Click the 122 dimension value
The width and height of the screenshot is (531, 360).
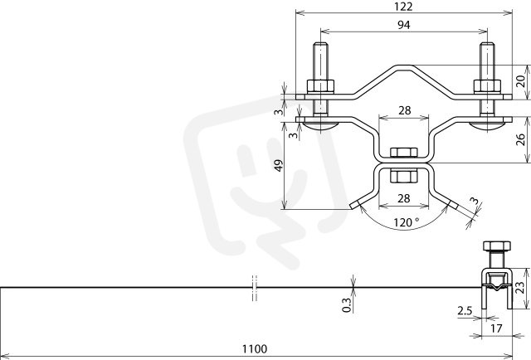pos(403,7)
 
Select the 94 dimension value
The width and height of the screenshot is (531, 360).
pos(404,25)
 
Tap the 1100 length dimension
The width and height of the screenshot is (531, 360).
pos(255,348)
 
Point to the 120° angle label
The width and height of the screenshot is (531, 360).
pos(406,222)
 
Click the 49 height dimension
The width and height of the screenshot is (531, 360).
pos(279,166)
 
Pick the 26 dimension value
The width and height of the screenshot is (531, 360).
pos(520,139)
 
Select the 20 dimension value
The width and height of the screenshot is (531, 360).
pos(520,81)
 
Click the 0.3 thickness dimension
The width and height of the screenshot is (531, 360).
pos(347,304)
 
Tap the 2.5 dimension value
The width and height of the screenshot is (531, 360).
pos(465,310)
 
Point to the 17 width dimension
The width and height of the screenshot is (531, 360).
pos(496,328)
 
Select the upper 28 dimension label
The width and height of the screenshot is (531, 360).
pos(404,110)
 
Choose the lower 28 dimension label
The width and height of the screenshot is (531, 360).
pos(404,198)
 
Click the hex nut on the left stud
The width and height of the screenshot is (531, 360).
pos(320,86)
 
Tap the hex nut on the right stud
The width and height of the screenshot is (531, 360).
pos(487,86)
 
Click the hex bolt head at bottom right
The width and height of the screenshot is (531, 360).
pos(497,246)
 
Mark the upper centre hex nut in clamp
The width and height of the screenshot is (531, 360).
pos(403,153)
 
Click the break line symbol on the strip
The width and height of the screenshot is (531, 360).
pos(255,288)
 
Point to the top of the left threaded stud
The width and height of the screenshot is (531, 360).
pos(320,43)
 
